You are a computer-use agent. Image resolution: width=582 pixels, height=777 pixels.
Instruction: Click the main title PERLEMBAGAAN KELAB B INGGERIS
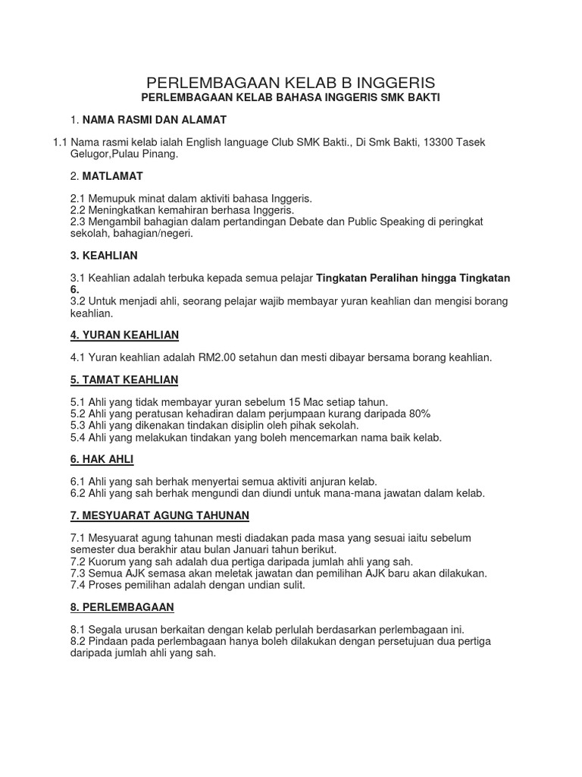pyautogui.click(x=290, y=82)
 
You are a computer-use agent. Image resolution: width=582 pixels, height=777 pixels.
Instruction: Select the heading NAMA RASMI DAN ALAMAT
pyautogui.click(x=155, y=120)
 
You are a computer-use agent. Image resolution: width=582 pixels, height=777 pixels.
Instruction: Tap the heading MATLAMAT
pyautogui.click(x=113, y=176)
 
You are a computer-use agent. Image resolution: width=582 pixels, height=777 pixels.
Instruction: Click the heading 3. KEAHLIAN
pyautogui.click(x=104, y=256)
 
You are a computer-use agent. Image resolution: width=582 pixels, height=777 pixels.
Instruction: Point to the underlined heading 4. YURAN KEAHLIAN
pyautogui.click(x=124, y=335)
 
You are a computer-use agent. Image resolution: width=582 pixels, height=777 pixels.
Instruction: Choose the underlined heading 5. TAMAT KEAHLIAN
pyautogui.click(x=124, y=379)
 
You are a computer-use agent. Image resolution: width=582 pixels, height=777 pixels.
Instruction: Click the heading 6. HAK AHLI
pyautogui.click(x=102, y=459)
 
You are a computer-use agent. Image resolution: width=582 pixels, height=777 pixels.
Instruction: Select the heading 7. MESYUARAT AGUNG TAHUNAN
pyautogui.click(x=159, y=515)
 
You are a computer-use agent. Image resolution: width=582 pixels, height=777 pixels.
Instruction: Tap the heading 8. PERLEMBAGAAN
pyautogui.click(x=122, y=607)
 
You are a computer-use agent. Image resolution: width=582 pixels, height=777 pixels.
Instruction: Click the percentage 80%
pyautogui.click(x=418, y=414)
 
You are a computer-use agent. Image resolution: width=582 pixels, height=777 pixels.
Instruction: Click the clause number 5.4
pyautogui.click(x=78, y=437)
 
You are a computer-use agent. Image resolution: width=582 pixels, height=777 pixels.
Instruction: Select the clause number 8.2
pyautogui.click(x=78, y=641)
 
